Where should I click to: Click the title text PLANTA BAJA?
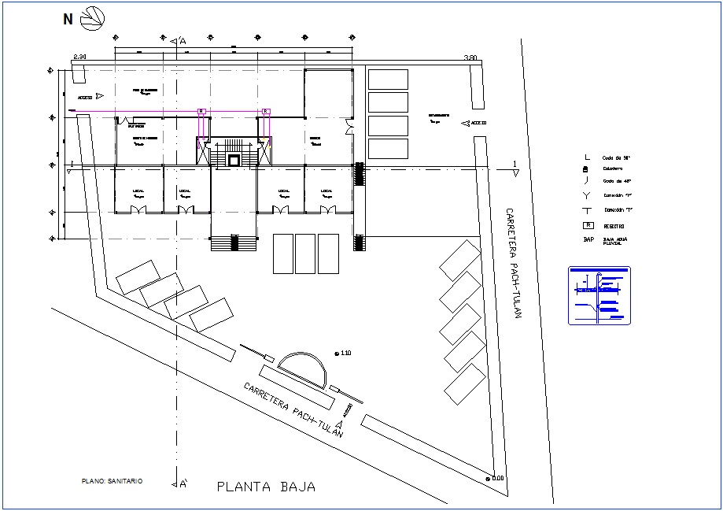click(x=266, y=487)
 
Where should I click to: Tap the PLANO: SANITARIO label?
click(x=113, y=480)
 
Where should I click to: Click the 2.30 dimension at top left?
click(x=79, y=57)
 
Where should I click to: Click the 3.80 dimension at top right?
click(x=470, y=57)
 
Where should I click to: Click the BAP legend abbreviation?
click(x=588, y=239)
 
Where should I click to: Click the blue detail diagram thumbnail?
click(x=599, y=295)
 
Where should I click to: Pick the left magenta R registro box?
click(x=201, y=111)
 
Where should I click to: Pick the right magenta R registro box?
click(x=266, y=111)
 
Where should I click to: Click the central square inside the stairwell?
click(x=233, y=159)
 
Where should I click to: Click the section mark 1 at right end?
click(x=515, y=164)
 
